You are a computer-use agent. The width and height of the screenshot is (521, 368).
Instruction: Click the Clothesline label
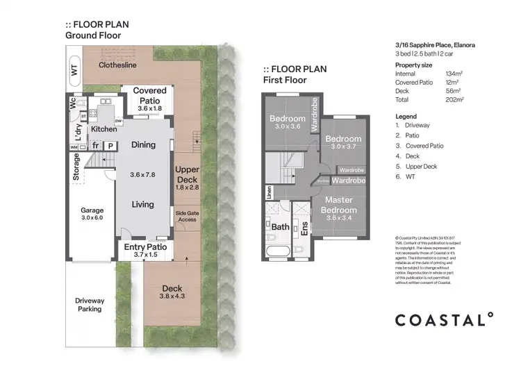tap(117, 65)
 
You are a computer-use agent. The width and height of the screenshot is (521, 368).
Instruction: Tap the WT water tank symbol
tap(74, 69)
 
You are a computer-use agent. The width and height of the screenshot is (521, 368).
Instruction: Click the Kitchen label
tap(104, 129)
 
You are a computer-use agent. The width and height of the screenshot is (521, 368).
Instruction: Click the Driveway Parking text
tap(90, 304)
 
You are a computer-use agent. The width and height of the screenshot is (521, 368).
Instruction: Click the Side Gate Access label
tap(185, 216)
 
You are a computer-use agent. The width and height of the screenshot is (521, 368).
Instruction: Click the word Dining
tap(143, 145)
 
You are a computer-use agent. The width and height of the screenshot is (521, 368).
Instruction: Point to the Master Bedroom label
tap(339, 206)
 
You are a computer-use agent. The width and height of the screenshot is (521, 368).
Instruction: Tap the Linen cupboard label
tap(268, 192)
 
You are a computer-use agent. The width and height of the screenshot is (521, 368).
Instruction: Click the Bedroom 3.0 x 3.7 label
tap(343, 143)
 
